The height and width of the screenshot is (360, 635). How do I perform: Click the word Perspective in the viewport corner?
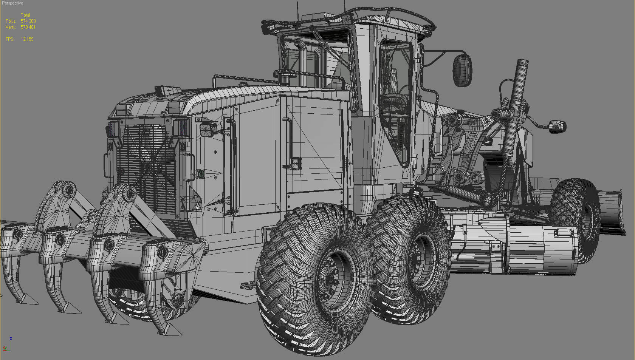(x=12, y=3)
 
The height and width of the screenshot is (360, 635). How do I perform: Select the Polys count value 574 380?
(x=28, y=21)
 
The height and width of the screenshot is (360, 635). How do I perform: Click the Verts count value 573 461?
(x=28, y=27)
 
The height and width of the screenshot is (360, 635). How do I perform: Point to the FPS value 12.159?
(x=27, y=39)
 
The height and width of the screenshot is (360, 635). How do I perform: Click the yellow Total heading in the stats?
(x=25, y=15)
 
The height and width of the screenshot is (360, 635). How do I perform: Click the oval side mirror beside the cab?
(x=463, y=70)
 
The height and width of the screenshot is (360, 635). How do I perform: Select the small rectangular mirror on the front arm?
(x=557, y=126)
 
